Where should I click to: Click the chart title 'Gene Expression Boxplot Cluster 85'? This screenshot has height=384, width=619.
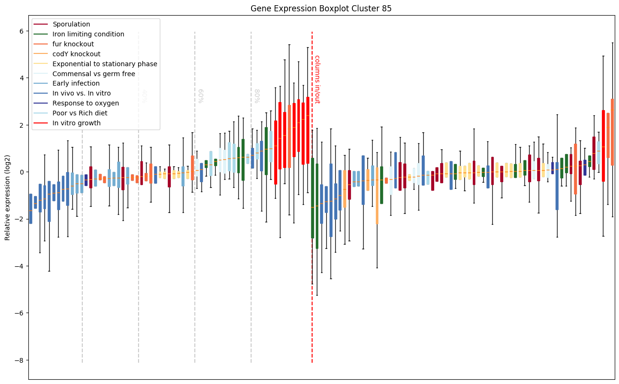pyautogui.click(x=321, y=9)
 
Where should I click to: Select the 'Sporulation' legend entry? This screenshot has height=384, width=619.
pyautogui.click(x=71, y=24)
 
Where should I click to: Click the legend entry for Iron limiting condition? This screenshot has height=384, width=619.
pyautogui.click(x=88, y=34)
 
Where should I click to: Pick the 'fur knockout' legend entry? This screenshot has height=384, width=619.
pyautogui.click(x=73, y=44)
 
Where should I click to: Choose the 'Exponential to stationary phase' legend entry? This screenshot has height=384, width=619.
pyautogui.click(x=105, y=64)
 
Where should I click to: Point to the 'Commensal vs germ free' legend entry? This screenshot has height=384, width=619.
pyautogui.click(x=94, y=74)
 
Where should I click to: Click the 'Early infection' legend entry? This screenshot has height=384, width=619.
pyautogui.click(x=76, y=84)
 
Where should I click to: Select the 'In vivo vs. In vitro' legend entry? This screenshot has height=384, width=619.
pyautogui.click(x=81, y=94)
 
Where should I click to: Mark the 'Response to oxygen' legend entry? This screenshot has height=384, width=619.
pyautogui.click(x=86, y=103)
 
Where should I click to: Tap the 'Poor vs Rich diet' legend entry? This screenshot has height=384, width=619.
pyautogui.click(x=80, y=113)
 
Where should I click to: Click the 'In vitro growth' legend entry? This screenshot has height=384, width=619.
pyautogui.click(x=77, y=123)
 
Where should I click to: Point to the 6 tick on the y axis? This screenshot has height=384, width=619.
pyautogui.click(x=21, y=31)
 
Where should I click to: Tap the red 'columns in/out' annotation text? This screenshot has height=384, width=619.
pyautogui.click(x=317, y=79)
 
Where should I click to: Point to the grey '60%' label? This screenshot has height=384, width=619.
pyautogui.click(x=201, y=96)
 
